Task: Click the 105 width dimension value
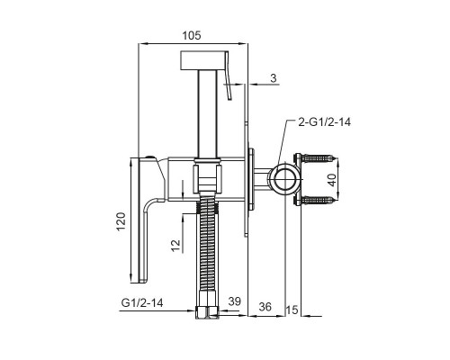[x=192, y=35]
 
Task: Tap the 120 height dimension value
[x=121, y=221]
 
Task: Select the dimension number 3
[x=274, y=78]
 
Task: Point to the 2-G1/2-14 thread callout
[x=325, y=122]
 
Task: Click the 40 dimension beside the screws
[x=332, y=180]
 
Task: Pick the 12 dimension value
[x=176, y=246]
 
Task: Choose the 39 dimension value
[x=234, y=301]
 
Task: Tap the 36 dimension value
[x=265, y=307]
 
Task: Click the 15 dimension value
[x=292, y=310]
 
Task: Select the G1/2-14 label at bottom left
[x=142, y=302]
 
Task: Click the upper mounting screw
[x=318, y=158]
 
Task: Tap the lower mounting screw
[x=318, y=200]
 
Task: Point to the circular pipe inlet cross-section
[x=283, y=179]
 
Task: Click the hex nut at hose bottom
[x=207, y=312]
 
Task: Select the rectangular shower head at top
[x=202, y=59]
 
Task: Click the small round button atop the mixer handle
[x=149, y=157]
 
